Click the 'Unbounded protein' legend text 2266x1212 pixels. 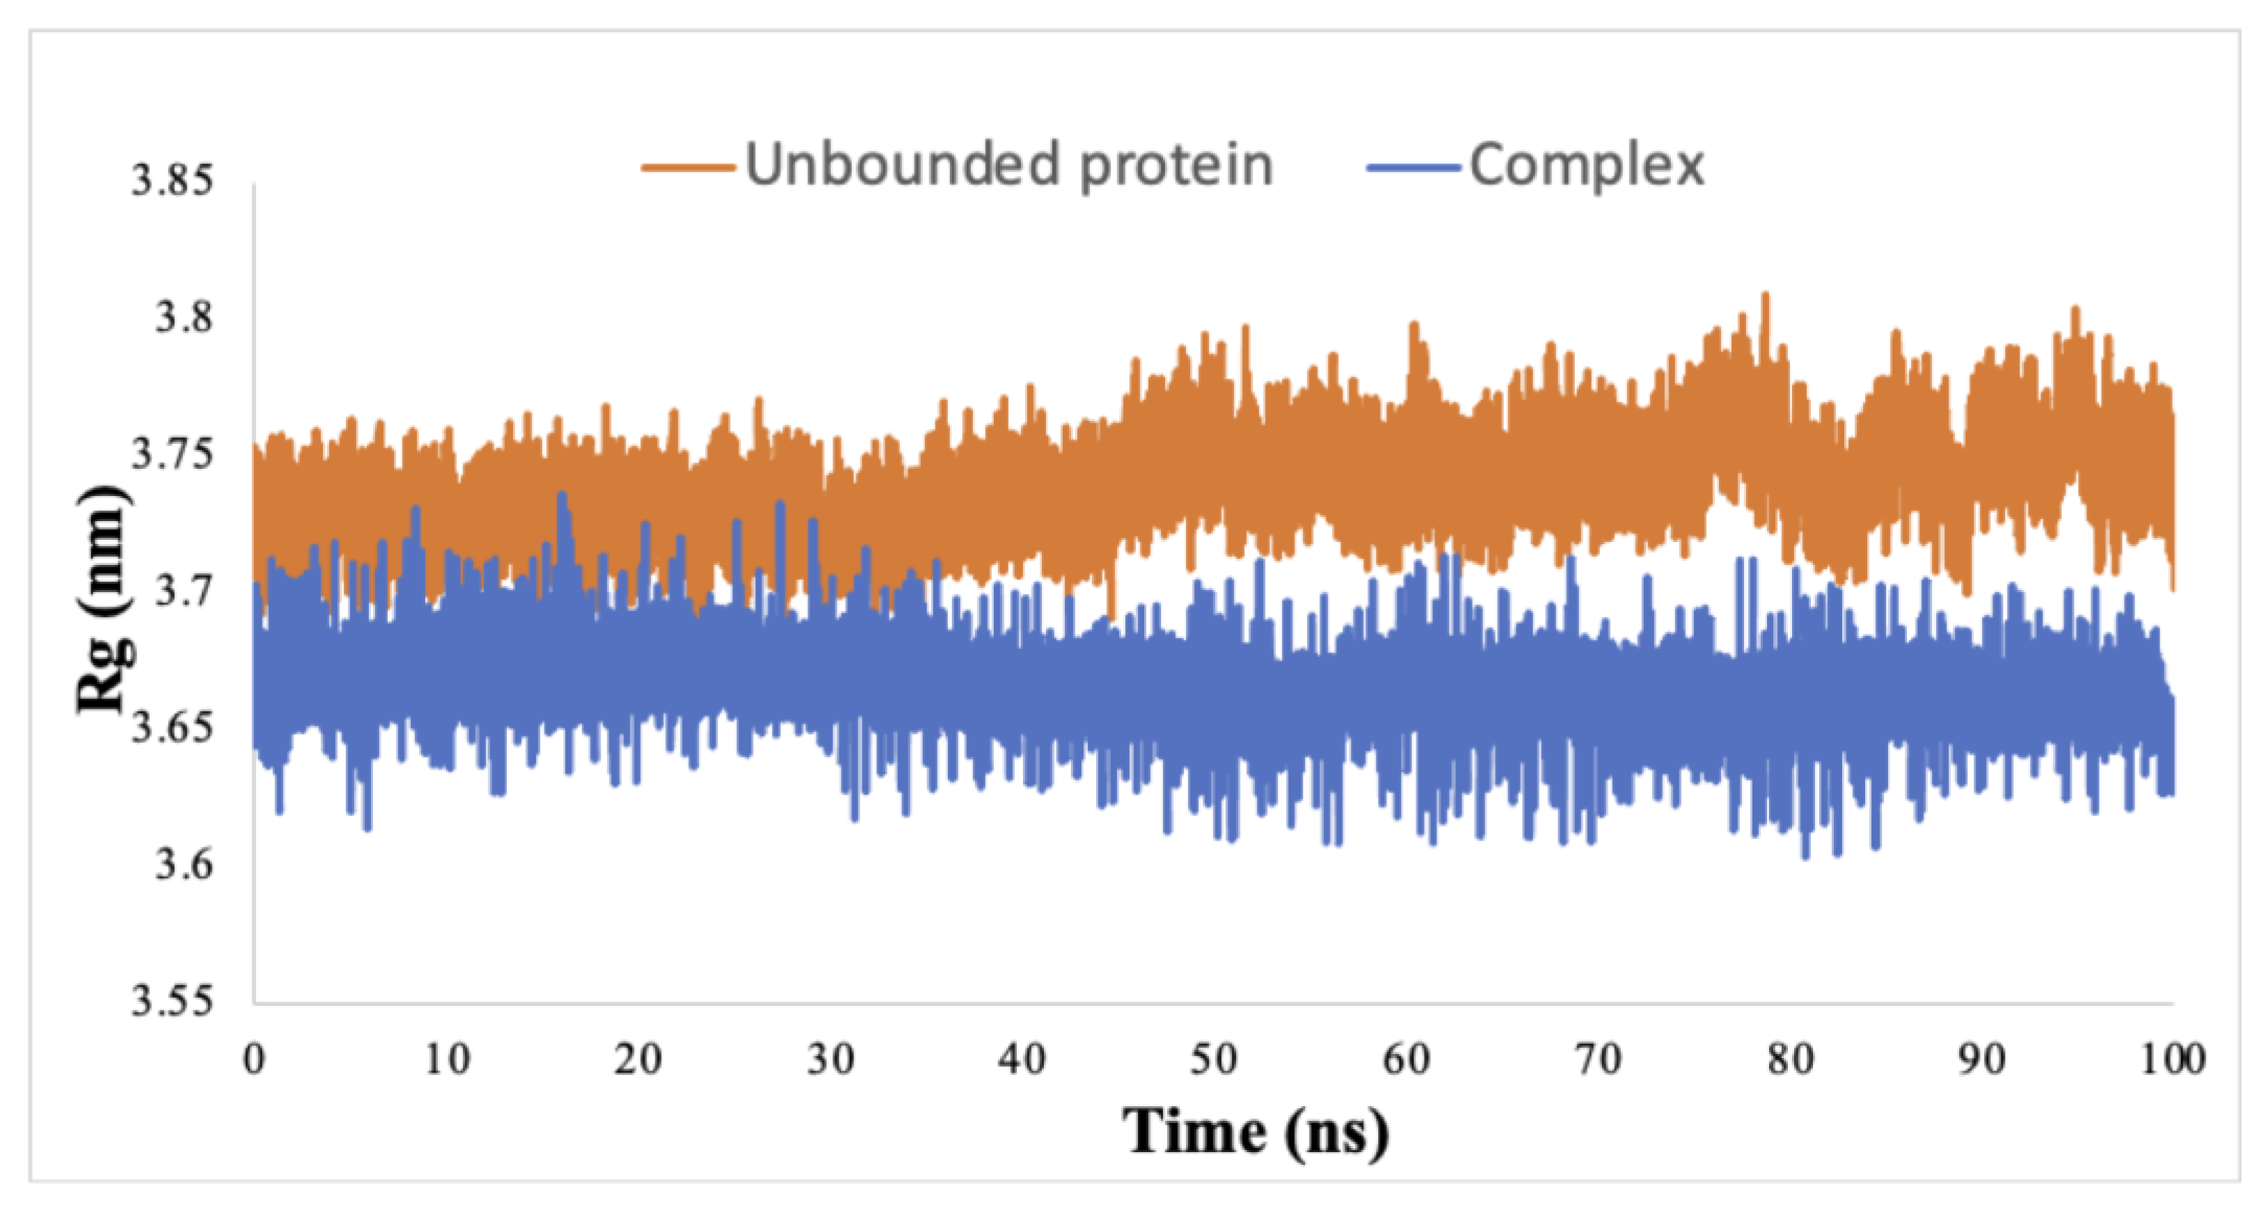(1009, 166)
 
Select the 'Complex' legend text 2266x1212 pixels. (1586, 166)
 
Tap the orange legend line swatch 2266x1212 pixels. (688, 167)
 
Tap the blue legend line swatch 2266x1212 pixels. (1413, 167)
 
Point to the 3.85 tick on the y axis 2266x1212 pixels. (173, 181)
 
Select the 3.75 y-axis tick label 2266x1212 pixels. (173, 455)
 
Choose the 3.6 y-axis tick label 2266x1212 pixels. (183, 866)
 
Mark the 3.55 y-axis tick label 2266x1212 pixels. (173, 1002)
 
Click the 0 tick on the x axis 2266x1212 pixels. (254, 1060)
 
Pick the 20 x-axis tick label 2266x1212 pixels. (637, 1060)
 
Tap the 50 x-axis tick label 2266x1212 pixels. (1214, 1060)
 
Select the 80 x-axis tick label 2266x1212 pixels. (1790, 1060)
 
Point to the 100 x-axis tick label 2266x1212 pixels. (2173, 1060)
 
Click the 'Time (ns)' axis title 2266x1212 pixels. (1255, 1132)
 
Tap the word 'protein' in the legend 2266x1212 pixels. (1176, 166)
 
